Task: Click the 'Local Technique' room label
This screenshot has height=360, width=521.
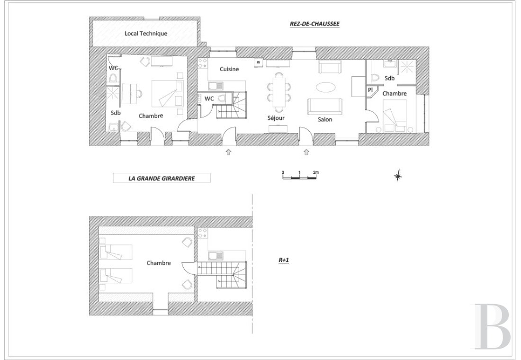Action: point(145,34)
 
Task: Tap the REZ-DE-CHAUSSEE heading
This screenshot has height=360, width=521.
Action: point(314,24)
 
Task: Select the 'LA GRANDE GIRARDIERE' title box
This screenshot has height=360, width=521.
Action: point(162,178)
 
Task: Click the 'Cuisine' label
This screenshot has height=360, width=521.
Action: point(229,69)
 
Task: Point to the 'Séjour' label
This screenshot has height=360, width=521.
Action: point(276,118)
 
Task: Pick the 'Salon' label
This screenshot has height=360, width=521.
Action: point(324,119)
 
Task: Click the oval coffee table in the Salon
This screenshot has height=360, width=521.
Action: point(325,87)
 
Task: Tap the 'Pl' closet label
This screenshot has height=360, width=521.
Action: point(370,90)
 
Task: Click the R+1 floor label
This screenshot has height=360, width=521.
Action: point(283,260)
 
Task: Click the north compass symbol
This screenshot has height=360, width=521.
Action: point(398,176)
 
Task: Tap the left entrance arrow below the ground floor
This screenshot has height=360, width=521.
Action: point(228,152)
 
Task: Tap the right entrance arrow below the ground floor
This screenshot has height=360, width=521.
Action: point(306,152)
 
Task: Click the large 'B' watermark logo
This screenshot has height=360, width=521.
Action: point(492,326)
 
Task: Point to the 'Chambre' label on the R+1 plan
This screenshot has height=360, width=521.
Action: point(159,263)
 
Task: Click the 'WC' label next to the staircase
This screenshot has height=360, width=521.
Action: point(209,99)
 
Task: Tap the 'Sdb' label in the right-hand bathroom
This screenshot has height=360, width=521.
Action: point(389,78)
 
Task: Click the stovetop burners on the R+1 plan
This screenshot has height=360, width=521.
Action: point(202,234)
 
